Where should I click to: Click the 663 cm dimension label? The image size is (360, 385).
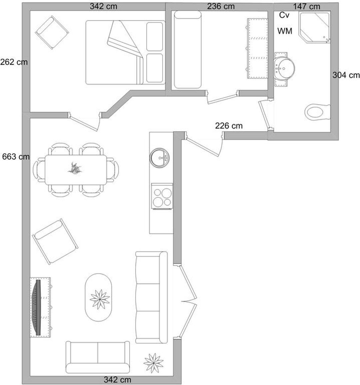[x=16, y=156]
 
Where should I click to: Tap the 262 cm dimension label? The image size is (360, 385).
[x=14, y=62]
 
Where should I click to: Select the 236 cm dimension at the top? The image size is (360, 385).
[x=221, y=6]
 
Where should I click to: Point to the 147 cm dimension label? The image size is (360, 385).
[x=307, y=6]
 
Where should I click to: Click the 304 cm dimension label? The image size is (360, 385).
[x=346, y=75]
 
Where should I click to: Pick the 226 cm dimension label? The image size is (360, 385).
[x=229, y=126]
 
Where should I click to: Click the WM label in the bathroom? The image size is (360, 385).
[x=285, y=31]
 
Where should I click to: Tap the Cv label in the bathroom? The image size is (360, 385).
[x=284, y=15]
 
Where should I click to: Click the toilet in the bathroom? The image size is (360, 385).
[x=318, y=112]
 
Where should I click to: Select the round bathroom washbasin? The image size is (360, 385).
[x=284, y=68]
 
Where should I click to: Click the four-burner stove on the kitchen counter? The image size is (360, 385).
[x=162, y=196]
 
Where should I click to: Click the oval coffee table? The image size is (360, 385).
[x=98, y=297]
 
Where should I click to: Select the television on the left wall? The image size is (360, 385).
[x=37, y=307]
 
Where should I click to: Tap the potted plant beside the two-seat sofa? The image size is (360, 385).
[x=154, y=363]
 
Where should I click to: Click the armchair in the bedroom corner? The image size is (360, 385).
[x=52, y=33]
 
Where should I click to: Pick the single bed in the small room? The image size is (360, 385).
[x=187, y=49]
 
